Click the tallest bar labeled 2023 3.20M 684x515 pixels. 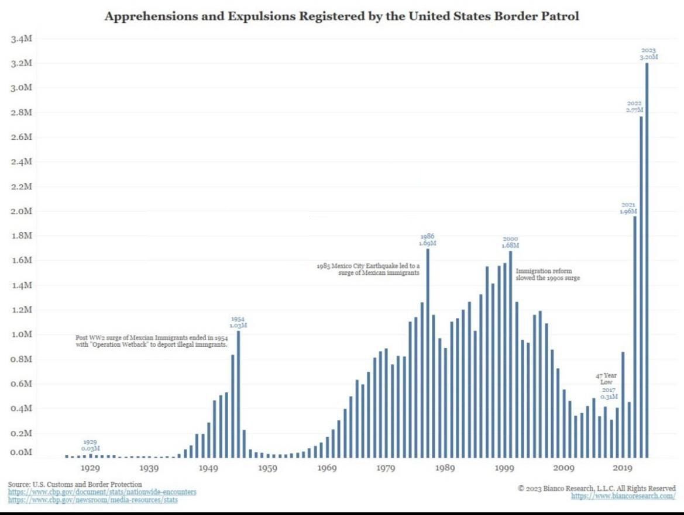point(647,260)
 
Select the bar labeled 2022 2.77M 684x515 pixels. point(641,286)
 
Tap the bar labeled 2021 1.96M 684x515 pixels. point(635,337)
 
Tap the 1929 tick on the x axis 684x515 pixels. point(90,468)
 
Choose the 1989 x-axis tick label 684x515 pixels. point(445,468)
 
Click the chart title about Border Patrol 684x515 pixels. point(342,16)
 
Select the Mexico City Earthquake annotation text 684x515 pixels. point(368,269)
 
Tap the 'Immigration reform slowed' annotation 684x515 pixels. point(548,274)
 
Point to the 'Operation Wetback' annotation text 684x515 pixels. point(151,341)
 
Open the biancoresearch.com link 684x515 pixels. point(623,496)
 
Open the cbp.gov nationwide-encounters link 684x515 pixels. point(102,492)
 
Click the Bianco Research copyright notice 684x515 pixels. point(597,488)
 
